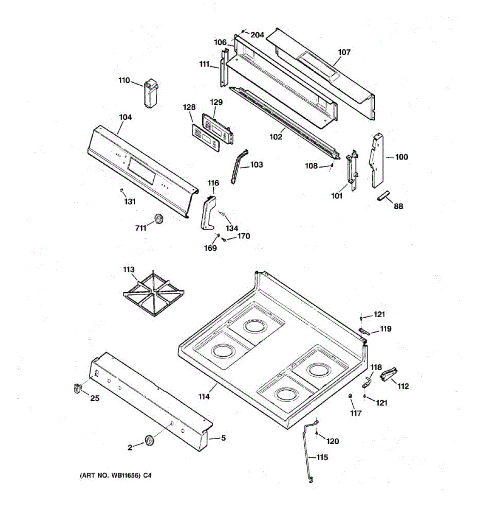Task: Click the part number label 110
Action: click(124, 80)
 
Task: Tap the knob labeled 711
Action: click(159, 219)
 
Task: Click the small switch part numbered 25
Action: click(77, 388)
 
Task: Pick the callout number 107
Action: click(344, 52)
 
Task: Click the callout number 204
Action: click(257, 35)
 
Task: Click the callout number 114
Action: click(204, 397)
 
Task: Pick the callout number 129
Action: click(216, 102)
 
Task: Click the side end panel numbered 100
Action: click(377, 160)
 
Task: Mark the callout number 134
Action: click(232, 228)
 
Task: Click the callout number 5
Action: click(223, 438)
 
